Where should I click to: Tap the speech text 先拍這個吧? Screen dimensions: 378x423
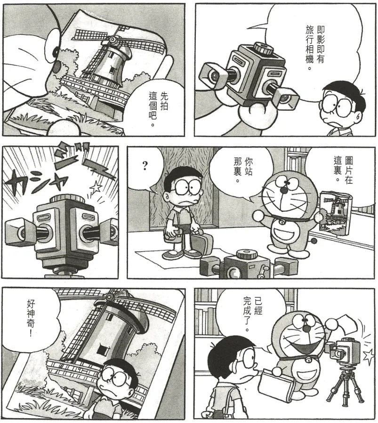[159, 109]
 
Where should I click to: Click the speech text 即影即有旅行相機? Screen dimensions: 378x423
[315, 48]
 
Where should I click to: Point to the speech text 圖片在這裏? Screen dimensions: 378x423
[343, 170]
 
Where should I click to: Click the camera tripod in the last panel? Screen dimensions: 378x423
[344, 386]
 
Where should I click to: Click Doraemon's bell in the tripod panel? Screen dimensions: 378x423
[307, 360]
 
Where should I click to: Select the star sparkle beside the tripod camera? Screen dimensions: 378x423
[370, 356]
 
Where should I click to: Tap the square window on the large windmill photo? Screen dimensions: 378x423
[102, 350]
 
